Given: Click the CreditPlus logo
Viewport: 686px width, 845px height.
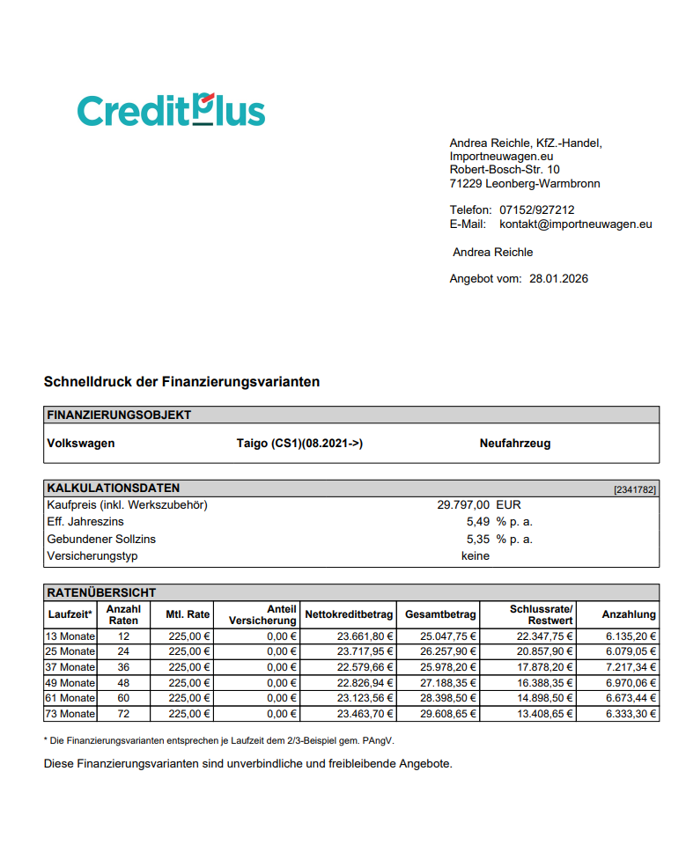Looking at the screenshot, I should pos(171,111).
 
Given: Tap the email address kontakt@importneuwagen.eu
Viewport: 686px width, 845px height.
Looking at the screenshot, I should pos(575,224).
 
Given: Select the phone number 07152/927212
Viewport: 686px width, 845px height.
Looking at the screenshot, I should pos(536,210).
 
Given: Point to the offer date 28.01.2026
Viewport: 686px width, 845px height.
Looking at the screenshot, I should pos(558,279).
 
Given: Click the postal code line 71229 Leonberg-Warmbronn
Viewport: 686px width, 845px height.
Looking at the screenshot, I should pos(525,184).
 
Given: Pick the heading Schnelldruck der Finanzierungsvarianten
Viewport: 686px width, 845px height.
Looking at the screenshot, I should pos(181,382).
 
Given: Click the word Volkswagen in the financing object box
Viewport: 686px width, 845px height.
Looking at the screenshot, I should pos(80,444).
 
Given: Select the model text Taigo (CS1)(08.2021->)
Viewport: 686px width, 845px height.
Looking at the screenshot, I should pos(299,444).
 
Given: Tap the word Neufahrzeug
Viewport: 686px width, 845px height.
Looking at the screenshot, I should pos(515,444).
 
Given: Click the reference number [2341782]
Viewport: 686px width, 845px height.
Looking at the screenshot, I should pos(635,489).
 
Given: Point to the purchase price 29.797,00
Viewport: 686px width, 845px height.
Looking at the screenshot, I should pos(463,505).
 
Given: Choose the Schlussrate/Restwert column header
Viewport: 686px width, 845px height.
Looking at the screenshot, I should pos(541,614).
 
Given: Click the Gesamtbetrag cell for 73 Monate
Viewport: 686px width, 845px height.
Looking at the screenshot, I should pos(449,714).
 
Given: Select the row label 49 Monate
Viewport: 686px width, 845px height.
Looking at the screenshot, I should pos(70,683).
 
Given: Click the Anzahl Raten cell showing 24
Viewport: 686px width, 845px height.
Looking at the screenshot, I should pos(123,651).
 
